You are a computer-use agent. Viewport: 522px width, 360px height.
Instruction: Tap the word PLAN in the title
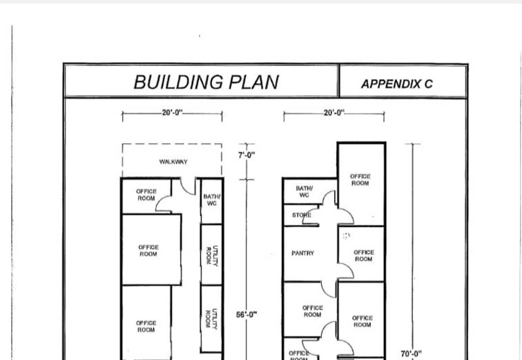(x=254, y=82)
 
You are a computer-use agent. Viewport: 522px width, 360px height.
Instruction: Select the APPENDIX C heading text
(x=397, y=84)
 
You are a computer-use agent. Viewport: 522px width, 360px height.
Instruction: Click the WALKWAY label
(x=173, y=162)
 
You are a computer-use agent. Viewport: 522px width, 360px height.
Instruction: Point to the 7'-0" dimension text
(x=247, y=155)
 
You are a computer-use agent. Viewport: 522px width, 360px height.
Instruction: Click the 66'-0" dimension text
(x=247, y=314)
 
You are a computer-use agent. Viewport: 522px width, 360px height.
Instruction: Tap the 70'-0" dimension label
(x=411, y=353)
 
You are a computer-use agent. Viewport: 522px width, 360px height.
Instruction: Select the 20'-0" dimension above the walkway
(x=172, y=112)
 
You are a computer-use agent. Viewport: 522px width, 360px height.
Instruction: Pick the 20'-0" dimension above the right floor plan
(x=334, y=113)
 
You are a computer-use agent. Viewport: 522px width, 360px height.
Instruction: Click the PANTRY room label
(x=303, y=253)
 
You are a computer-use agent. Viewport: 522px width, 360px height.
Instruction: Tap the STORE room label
(x=301, y=215)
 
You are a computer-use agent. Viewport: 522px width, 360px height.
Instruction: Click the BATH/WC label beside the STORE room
(x=304, y=192)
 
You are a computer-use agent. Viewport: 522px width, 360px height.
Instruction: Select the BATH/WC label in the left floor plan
(x=211, y=200)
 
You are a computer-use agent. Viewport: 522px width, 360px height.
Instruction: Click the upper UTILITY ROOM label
(x=212, y=255)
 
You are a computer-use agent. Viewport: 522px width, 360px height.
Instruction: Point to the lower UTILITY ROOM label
(x=212, y=318)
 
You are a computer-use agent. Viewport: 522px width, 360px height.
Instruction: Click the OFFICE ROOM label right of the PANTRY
(x=363, y=256)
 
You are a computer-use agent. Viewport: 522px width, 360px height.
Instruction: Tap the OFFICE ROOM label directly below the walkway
(x=146, y=194)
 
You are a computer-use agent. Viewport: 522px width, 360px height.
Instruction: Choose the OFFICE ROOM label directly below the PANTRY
(x=313, y=311)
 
